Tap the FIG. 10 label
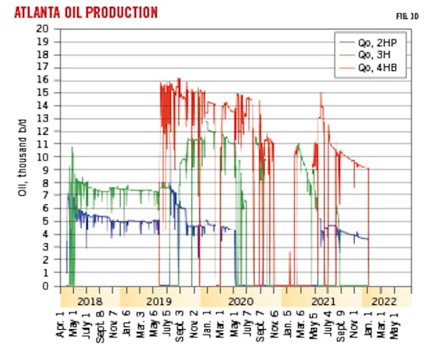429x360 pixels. click(398, 14)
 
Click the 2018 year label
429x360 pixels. click(89, 301)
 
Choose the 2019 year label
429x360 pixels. click(159, 301)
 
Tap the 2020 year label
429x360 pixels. click(240, 301)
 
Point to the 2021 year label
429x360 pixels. click(321, 301)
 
